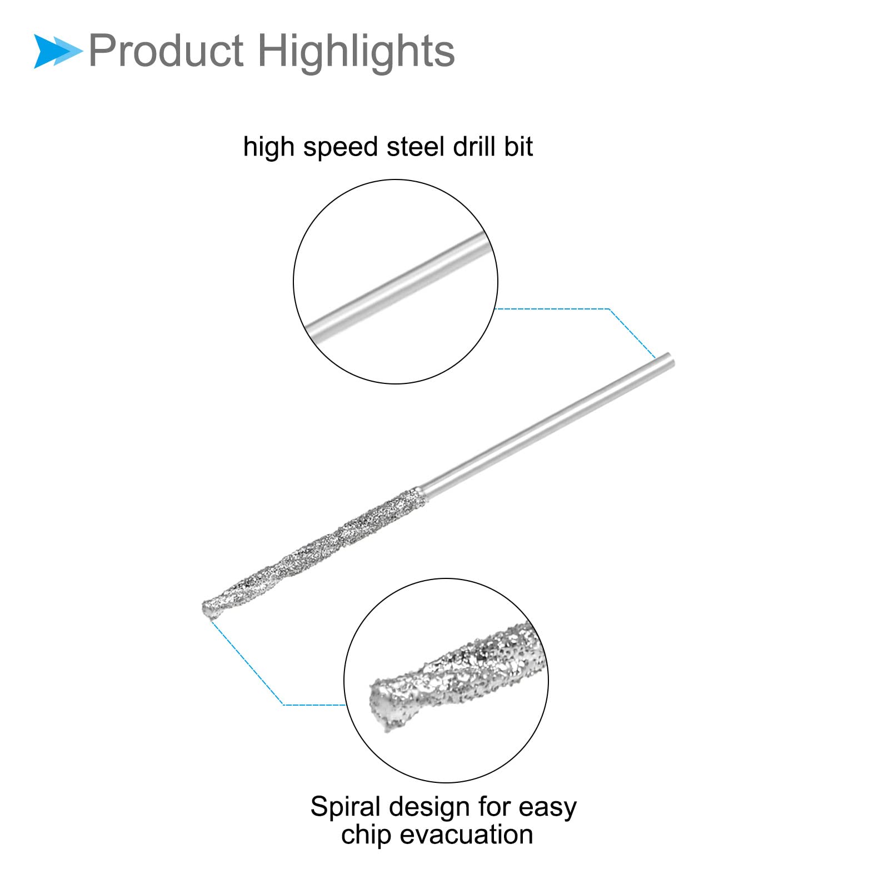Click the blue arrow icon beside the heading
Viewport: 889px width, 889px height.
pos(57,51)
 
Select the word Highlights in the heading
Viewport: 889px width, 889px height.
pos(356,51)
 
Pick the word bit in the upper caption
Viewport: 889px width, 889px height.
pos(519,147)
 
